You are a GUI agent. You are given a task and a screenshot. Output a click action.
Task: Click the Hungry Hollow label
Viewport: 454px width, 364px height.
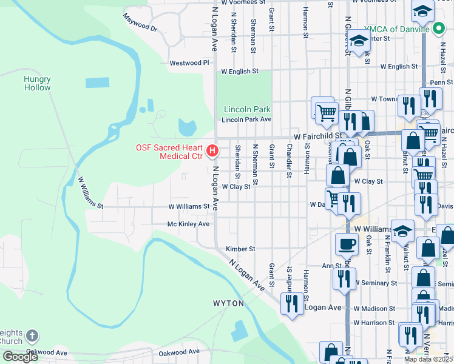37,83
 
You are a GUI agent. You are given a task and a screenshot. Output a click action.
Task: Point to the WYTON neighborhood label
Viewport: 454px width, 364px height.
228,303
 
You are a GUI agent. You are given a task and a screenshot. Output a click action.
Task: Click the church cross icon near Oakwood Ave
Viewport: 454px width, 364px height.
33,335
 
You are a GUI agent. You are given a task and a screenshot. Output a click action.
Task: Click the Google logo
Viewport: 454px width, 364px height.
20,357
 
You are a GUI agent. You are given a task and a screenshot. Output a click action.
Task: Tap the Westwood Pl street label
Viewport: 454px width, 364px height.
189,62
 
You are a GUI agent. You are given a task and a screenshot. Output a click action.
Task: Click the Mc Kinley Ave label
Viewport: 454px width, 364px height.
188,224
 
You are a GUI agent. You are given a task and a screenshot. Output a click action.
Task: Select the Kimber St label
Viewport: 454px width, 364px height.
240,249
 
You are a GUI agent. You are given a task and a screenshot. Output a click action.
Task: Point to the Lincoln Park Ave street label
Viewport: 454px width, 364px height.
246,120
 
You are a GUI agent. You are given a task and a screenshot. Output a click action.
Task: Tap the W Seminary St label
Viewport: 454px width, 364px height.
376,283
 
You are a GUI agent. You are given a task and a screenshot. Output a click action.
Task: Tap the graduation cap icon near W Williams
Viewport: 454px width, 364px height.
402,230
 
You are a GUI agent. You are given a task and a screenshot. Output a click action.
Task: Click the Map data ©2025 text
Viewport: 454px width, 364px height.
428,359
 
